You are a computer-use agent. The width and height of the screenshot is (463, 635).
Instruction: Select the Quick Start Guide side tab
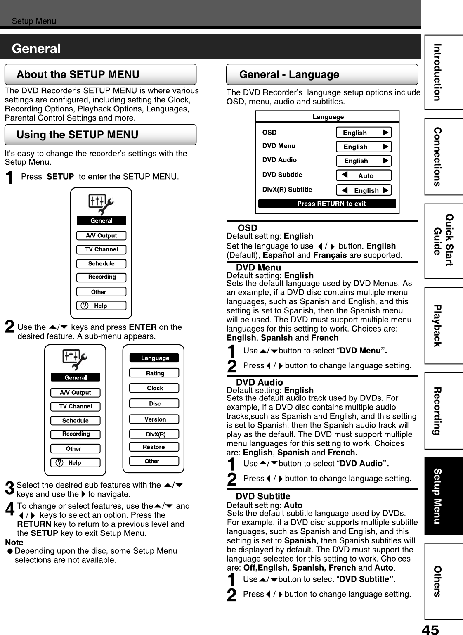coord(443,240)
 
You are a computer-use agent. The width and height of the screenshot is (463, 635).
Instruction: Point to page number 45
coord(430,629)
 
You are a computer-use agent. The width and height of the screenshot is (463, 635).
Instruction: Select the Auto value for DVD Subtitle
coord(364,175)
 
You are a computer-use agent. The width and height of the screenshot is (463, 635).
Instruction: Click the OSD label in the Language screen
coord(269,133)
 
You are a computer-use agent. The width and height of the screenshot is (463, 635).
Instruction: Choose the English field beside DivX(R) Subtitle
coord(364,190)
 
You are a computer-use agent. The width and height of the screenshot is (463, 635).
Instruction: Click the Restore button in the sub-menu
coord(154,447)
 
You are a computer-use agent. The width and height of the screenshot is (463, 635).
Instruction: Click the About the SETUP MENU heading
coord(78,75)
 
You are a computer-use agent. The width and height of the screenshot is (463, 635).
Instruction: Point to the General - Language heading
coord(289,75)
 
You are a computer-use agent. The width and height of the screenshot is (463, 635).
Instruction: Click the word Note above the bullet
coord(14,542)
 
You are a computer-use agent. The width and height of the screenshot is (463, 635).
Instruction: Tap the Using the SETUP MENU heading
coord(77,135)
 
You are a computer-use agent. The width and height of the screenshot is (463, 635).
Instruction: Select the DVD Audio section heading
coord(259,382)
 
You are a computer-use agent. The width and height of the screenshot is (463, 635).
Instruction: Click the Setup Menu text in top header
coord(34,21)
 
